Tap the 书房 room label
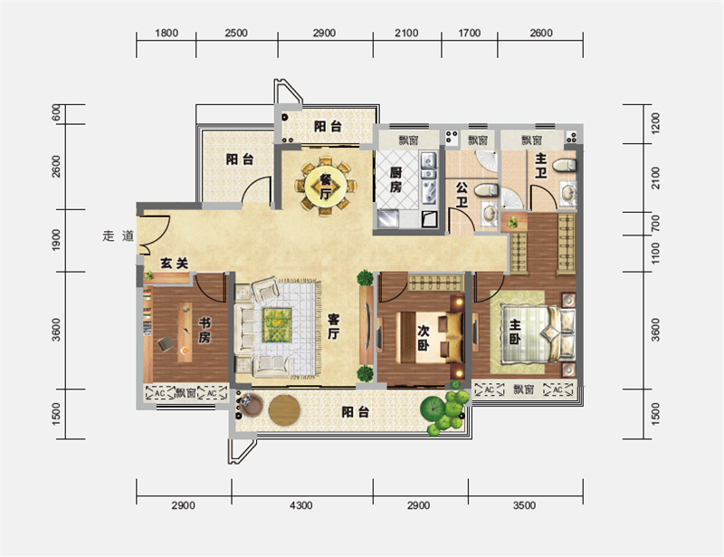(205, 330)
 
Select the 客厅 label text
(333, 326)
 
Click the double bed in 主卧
(538, 333)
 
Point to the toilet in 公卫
(486, 189)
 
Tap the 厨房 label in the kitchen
(395, 180)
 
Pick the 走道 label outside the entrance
(119, 235)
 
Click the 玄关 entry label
(174, 264)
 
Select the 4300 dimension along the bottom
(301, 505)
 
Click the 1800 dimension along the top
(167, 33)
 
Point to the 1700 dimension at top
(469, 33)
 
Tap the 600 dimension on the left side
(56, 113)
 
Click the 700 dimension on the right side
(655, 224)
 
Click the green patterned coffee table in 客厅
(277, 325)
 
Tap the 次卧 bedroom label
(424, 337)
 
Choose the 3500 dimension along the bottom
(525, 505)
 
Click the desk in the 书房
(186, 332)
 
